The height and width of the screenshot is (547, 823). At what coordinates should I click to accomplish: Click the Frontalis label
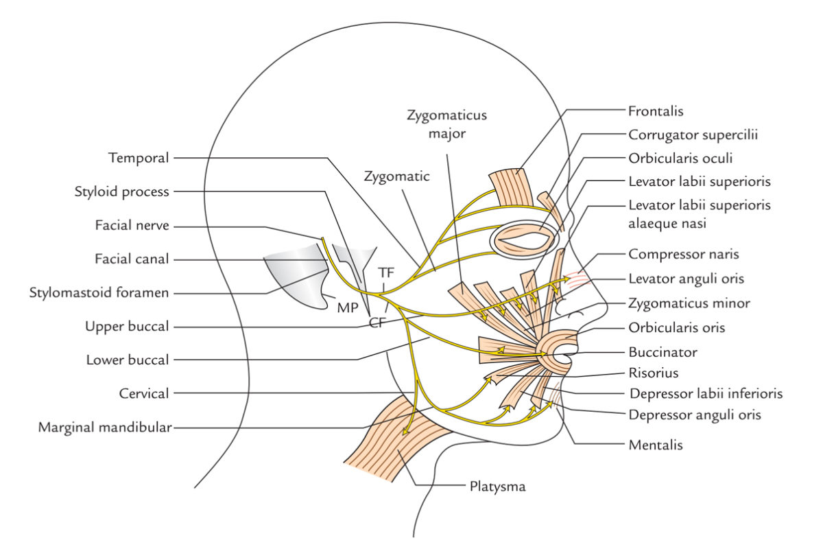pos(656,110)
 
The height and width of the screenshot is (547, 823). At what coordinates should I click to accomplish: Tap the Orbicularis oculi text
pos(681,158)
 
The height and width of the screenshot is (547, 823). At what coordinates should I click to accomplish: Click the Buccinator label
pos(662,352)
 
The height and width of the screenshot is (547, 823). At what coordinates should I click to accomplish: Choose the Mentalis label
pos(655,445)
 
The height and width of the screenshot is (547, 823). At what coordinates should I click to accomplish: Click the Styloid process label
pos(121,191)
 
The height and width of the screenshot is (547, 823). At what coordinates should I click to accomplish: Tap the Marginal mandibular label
pos(104,428)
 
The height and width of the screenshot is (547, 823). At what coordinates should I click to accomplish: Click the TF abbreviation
pos(386,272)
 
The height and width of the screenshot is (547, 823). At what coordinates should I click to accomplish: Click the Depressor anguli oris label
pos(694,415)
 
